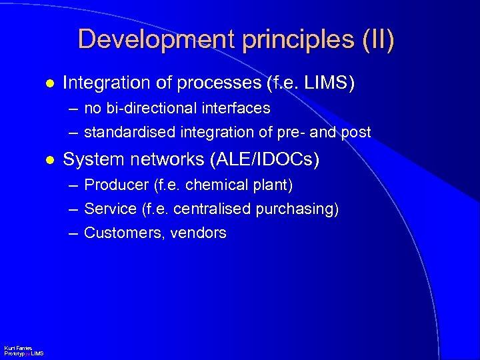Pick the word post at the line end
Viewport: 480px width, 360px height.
pyautogui.click(x=355, y=132)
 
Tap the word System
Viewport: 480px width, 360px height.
pyautogui.click(x=89, y=159)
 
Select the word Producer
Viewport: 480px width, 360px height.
pyautogui.click(x=111, y=184)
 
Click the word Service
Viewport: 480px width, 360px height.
pyautogui.click(x=111, y=209)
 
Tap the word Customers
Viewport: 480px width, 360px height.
pyautogui.click(x=121, y=233)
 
